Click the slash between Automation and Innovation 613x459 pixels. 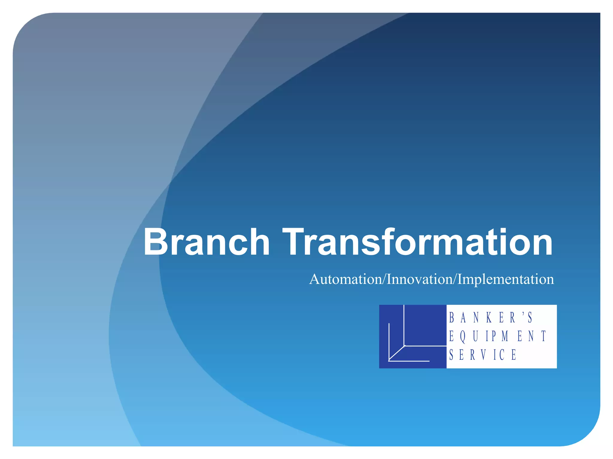point(384,279)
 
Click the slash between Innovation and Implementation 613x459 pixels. point(455,279)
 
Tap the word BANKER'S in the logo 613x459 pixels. point(491,318)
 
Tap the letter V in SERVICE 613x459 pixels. point(484,355)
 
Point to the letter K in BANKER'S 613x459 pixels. point(489,318)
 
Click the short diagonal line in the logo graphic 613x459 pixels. point(397,353)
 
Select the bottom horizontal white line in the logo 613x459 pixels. point(409,361)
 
